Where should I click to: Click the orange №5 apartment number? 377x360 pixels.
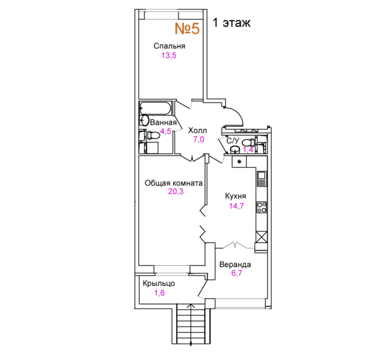coord(187,28)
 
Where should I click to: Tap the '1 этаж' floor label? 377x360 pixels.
coord(231,23)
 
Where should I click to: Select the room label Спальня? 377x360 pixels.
coord(169,46)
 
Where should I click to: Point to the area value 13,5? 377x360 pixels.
coord(169,55)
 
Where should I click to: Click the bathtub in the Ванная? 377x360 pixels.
coord(156,108)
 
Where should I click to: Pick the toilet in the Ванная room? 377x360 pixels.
coord(153,135)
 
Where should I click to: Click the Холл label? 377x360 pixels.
coord(197,130)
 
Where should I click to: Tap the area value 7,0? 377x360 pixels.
coord(199,139)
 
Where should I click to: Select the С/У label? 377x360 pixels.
coord(232,141)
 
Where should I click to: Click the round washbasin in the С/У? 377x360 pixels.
coord(235,150)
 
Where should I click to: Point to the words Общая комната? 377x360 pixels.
coord(173,183)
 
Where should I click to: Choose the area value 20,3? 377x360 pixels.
coord(176,192)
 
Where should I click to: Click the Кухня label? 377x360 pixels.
coord(236,196)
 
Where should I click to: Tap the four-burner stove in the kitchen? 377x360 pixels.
coord(261,207)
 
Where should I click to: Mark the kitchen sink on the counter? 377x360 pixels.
coord(261,178)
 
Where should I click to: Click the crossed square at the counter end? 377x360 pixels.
coord(261,237)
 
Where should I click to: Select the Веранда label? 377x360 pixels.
coord(235,265)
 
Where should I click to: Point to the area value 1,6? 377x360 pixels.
coord(160,293)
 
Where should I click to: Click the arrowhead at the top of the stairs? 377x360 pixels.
coord(191,306)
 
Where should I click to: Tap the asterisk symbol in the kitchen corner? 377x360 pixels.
coord(239,161)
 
